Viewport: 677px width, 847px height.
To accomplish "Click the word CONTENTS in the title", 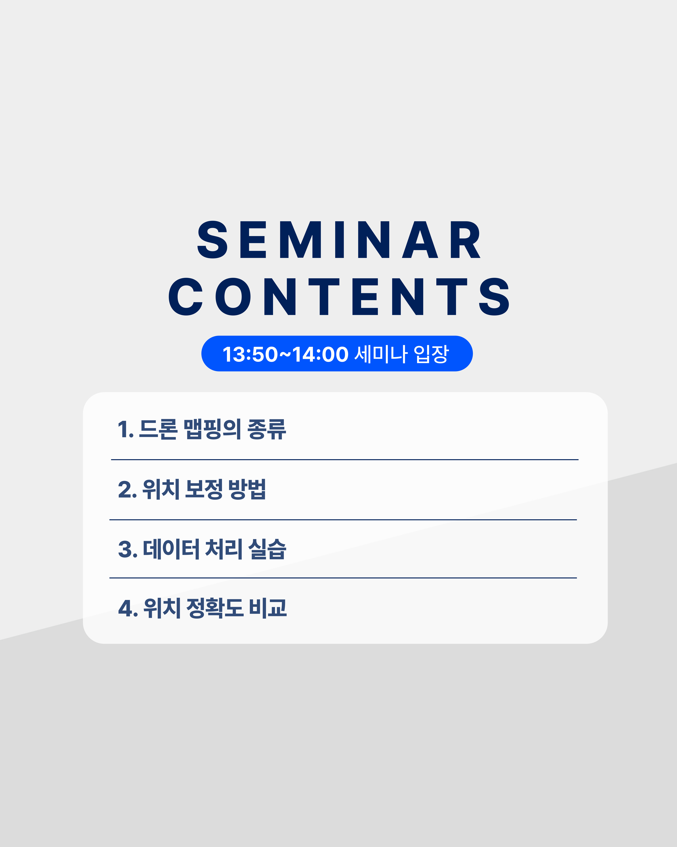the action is [339, 297].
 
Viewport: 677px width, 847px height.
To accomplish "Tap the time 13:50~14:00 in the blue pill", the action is [285, 354].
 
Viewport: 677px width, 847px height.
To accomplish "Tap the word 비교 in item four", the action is [268, 609].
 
